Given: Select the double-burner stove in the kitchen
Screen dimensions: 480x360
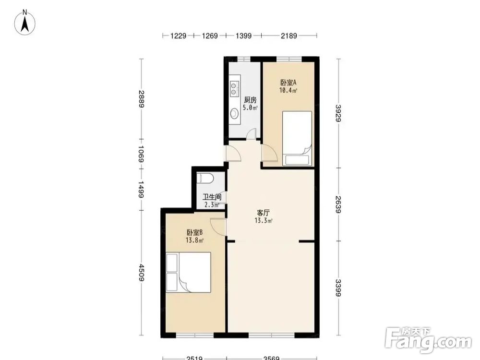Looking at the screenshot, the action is (234, 87).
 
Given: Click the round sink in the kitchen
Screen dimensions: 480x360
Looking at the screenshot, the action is (234, 113).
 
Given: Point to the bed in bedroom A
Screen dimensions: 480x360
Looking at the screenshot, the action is (297, 138).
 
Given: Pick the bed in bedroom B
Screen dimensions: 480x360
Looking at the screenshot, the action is (188, 272).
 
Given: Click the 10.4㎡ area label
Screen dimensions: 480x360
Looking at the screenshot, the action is (288, 90).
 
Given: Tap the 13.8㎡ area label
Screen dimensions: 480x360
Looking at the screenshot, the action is (194, 240).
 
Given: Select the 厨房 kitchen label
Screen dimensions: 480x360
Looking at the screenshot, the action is (250, 100).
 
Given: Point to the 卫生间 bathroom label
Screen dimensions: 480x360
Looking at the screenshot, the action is (212, 197).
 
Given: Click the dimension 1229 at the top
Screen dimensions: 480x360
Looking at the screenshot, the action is (179, 36).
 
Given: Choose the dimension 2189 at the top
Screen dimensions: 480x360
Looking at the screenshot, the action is (289, 36).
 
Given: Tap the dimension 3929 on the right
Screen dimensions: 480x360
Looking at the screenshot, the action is (338, 113).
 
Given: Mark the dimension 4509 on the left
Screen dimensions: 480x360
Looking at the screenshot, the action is (141, 273).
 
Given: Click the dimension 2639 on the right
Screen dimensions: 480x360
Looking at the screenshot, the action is (338, 204).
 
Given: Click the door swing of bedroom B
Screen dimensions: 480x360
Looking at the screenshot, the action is (218, 227).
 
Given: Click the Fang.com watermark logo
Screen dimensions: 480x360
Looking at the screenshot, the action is (428, 340).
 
